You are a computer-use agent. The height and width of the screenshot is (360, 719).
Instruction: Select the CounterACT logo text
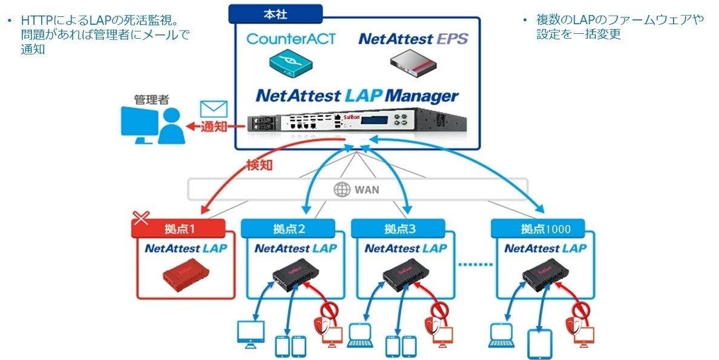click(291, 39)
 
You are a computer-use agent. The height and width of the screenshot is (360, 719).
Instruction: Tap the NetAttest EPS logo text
click(413, 39)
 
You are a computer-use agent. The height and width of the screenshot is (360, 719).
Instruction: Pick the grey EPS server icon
click(413, 64)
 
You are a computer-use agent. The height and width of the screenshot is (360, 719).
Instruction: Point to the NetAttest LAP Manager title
click(357, 96)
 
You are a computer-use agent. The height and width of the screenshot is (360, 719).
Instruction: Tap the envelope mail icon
click(213, 110)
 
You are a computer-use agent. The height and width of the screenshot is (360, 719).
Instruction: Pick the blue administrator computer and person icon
click(149, 125)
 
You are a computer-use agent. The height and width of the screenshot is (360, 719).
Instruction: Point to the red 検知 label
click(260, 165)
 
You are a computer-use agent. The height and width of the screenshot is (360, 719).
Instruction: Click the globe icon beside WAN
click(342, 189)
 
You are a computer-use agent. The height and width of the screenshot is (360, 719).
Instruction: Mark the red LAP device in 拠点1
click(185, 275)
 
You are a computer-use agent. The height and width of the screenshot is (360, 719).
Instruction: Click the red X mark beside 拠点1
click(140, 218)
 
